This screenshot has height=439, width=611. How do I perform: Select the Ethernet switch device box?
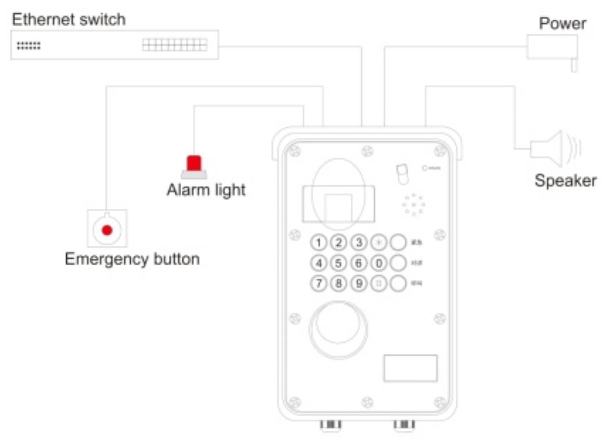pyautogui.click(x=114, y=45)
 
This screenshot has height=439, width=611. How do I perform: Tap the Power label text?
pyautogui.click(x=562, y=24)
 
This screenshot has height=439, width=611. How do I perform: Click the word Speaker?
pyautogui.click(x=565, y=180)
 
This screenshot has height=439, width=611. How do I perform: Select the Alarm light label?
pyautogui.click(x=206, y=190)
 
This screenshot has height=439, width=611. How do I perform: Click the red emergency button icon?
pyautogui.click(x=106, y=230)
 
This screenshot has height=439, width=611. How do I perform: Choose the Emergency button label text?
pyautogui.click(x=132, y=259)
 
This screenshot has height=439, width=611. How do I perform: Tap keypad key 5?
pyautogui.click(x=339, y=263)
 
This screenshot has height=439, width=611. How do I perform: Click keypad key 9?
pyautogui.click(x=359, y=284)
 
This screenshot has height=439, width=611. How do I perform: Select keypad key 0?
pyautogui.click(x=378, y=263)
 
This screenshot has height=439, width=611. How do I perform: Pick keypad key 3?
pyautogui.click(x=359, y=242)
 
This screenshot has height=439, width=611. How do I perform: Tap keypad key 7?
pyautogui.click(x=319, y=284)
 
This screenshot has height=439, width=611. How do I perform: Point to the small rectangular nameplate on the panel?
pyautogui.click(x=410, y=368)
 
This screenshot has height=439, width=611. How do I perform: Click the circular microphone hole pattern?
pyautogui.click(x=413, y=205)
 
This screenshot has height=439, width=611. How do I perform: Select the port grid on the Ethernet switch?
pyautogui.click(x=174, y=45)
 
